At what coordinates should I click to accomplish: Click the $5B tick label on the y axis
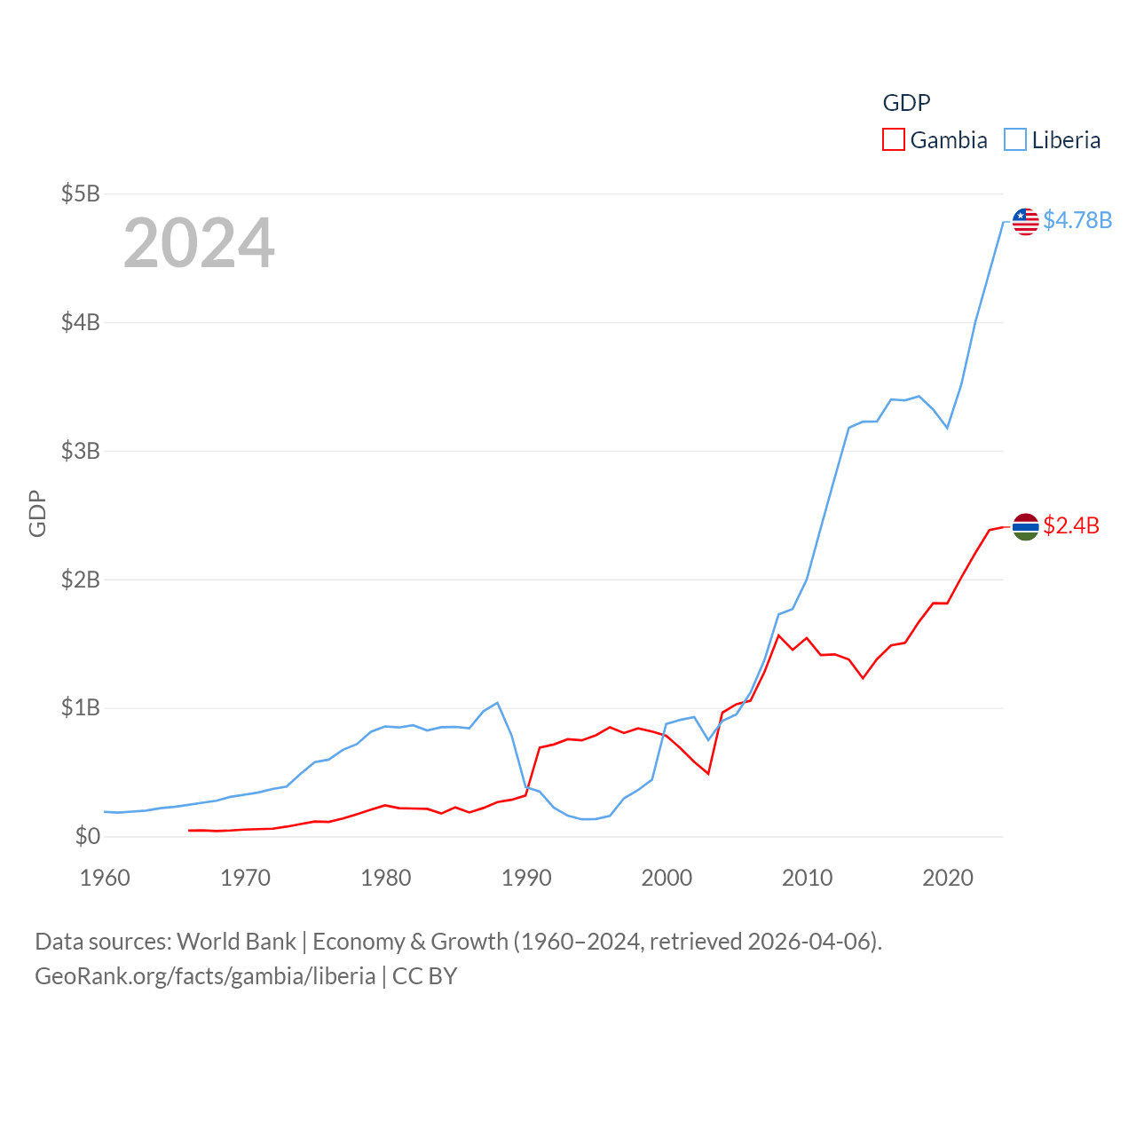tap(80, 193)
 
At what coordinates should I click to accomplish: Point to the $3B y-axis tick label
tap(80, 451)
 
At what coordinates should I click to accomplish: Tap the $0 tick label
tap(87, 836)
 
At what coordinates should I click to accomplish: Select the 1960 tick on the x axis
tap(105, 878)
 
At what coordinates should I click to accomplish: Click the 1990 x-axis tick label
tap(526, 878)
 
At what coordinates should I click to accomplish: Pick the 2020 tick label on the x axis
tap(948, 878)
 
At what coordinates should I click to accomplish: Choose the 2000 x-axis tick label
tap(667, 878)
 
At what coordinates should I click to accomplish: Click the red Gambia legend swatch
tap(893, 140)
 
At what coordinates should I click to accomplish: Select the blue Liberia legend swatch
tap(1015, 140)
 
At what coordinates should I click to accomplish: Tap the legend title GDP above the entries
tap(906, 103)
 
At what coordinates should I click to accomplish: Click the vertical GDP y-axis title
tap(37, 513)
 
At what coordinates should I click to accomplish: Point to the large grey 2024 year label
tap(199, 243)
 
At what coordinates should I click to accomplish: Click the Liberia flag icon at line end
tap(1025, 221)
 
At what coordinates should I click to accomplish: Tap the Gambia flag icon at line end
tap(1025, 526)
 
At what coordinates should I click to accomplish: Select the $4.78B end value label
tap(1077, 220)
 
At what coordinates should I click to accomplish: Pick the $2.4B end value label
tap(1071, 525)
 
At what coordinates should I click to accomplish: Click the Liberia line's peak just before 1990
tap(497, 703)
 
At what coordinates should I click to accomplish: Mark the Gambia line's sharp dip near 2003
tap(708, 773)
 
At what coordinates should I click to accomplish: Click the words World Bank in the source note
tap(236, 942)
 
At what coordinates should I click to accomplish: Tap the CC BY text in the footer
tap(424, 976)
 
